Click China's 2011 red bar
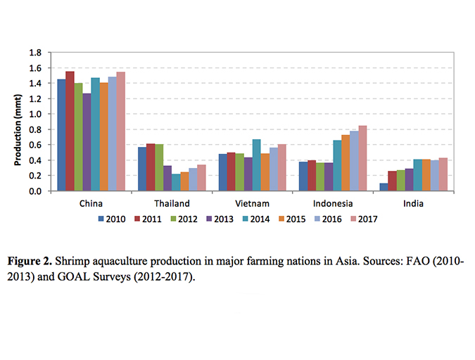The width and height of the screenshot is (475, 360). [70, 131]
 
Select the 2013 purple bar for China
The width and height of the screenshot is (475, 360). [87, 142]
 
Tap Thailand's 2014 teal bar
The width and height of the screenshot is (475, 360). [176, 182]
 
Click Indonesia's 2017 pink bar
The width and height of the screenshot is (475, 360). [362, 158]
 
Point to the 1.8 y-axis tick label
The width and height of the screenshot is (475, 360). [34, 53]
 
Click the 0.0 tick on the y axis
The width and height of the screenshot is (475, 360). [34, 191]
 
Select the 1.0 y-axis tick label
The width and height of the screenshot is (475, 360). [34, 114]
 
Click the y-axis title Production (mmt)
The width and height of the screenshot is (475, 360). [18, 121]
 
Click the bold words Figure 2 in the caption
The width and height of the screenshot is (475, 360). [32, 261]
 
